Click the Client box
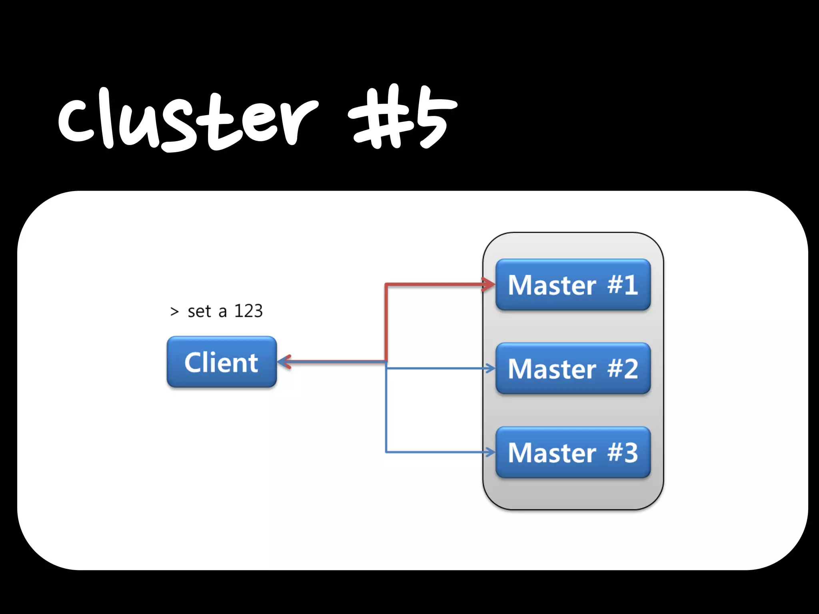tap(222, 362)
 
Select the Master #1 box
tap(573, 285)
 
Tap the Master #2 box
tap(573, 368)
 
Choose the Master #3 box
tap(573, 452)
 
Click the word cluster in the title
tap(188, 120)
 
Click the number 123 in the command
tap(248, 311)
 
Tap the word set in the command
tap(199, 311)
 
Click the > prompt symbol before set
tap(174, 311)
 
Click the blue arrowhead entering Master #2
tap(490, 368)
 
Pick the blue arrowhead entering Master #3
tap(490, 452)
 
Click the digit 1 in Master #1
tap(631, 285)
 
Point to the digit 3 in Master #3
tap(631, 453)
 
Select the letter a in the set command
tap(222, 312)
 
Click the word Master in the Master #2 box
tap(552, 369)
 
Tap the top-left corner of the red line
tap(386, 285)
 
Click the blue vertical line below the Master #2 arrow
tap(386, 412)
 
